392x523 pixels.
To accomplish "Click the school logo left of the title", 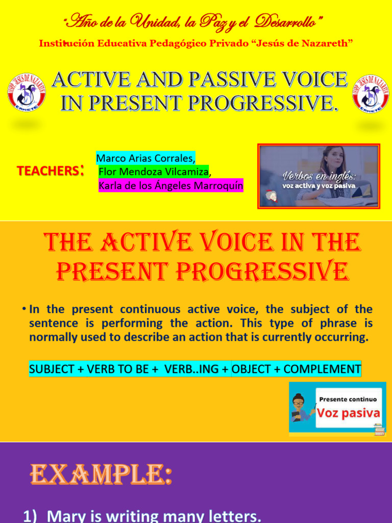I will point(26,93).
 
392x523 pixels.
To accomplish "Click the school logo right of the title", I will point(371,93).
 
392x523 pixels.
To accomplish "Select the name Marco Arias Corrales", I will point(145,158).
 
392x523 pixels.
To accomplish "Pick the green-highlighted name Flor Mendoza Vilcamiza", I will point(154,172).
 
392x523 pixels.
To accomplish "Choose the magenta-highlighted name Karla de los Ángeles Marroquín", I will point(170,186).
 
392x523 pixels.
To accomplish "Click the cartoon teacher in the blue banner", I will point(302,408).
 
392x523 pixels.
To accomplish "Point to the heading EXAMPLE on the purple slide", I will point(100,474).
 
